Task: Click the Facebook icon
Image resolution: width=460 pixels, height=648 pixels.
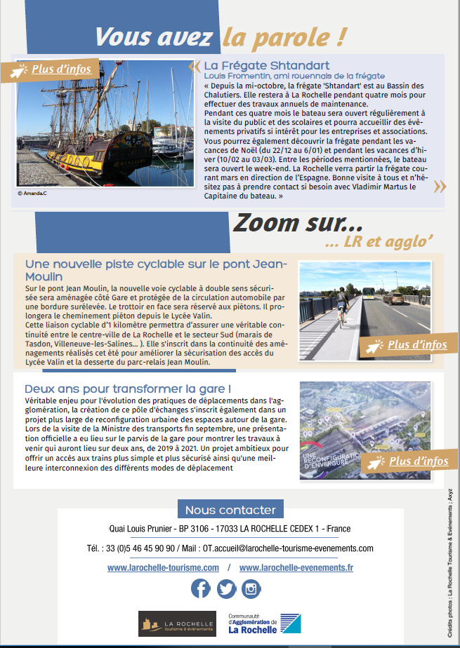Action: coord(201,588)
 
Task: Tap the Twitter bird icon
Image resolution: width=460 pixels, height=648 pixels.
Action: coord(226,588)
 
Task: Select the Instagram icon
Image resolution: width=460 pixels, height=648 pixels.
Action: coord(251,588)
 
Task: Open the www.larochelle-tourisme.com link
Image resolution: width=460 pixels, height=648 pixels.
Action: coord(163,567)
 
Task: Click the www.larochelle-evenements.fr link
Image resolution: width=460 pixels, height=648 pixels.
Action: coord(296,567)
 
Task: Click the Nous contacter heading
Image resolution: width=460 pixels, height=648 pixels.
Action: coord(230,510)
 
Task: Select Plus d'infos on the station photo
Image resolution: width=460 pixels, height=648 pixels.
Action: coord(419,461)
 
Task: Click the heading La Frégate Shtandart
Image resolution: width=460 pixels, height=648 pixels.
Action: coord(257,66)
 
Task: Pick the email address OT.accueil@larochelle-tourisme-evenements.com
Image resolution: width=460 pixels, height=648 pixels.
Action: coord(287,548)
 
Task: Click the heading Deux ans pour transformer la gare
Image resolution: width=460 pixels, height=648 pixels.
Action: coord(128,389)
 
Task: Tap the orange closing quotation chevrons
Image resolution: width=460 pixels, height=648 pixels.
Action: coord(439,186)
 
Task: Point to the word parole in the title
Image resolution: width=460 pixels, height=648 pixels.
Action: coord(292,36)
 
